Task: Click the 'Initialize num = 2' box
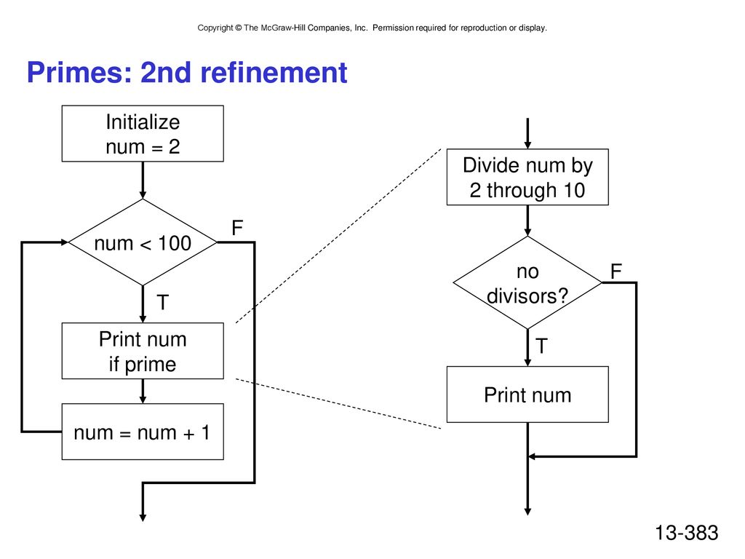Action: click(143, 134)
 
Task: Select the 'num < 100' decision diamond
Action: click(143, 242)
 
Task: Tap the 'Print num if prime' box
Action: click(143, 351)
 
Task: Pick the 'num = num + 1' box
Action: click(143, 432)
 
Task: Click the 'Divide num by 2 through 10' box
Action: click(527, 177)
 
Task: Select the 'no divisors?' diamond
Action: click(527, 283)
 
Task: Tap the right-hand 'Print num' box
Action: click(527, 395)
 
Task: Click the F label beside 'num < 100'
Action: click(237, 228)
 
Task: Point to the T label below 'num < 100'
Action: click(162, 302)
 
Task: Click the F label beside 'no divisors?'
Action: click(615, 271)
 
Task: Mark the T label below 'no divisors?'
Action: click(541, 346)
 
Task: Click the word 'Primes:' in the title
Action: click(79, 73)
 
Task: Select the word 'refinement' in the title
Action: click(274, 73)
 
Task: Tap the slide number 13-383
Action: click(687, 533)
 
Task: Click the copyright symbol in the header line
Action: click(238, 28)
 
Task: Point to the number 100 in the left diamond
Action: click(175, 243)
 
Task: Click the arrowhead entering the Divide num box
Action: click(527, 145)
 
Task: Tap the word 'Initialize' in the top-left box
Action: click(143, 122)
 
